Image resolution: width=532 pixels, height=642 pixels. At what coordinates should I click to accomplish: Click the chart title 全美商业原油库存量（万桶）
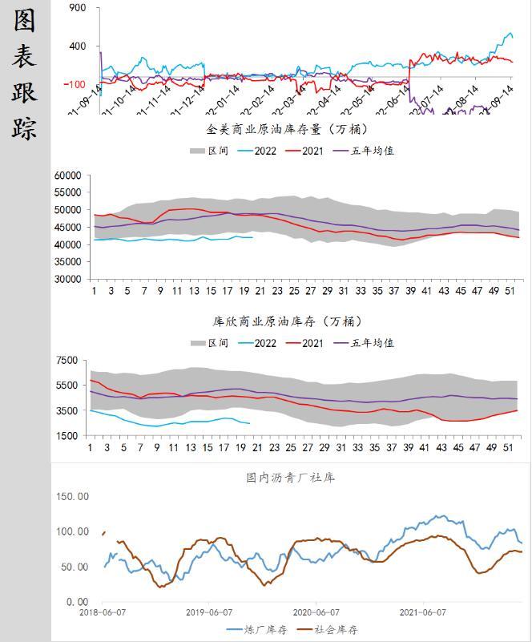288,129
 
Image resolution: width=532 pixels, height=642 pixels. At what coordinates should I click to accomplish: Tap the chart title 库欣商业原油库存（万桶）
288,321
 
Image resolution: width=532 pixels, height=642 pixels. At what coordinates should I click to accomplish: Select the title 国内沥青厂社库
290,478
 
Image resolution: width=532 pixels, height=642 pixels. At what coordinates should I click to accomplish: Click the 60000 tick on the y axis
69,176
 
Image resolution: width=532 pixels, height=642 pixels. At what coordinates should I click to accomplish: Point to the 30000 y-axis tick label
69,280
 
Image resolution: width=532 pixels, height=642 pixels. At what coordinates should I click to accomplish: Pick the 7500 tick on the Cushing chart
68,360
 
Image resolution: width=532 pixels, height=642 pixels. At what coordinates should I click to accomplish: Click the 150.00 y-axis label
71,497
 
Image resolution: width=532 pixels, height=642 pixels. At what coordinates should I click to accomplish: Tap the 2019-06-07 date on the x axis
209,612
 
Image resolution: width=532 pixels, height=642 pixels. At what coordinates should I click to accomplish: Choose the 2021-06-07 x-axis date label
422,612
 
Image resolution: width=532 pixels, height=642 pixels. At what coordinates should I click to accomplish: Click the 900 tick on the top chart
78,8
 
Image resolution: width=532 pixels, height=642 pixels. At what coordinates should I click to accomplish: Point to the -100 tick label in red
75,84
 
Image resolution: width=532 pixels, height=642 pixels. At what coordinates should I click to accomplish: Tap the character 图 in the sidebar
25,22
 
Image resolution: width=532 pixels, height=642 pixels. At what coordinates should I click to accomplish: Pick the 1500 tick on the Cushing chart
68,436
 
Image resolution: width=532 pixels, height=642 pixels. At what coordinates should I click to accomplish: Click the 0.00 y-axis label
77,602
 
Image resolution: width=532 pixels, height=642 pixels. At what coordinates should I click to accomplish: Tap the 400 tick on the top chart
78,46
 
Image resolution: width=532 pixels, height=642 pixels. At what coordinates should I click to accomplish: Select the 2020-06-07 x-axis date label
316,612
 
